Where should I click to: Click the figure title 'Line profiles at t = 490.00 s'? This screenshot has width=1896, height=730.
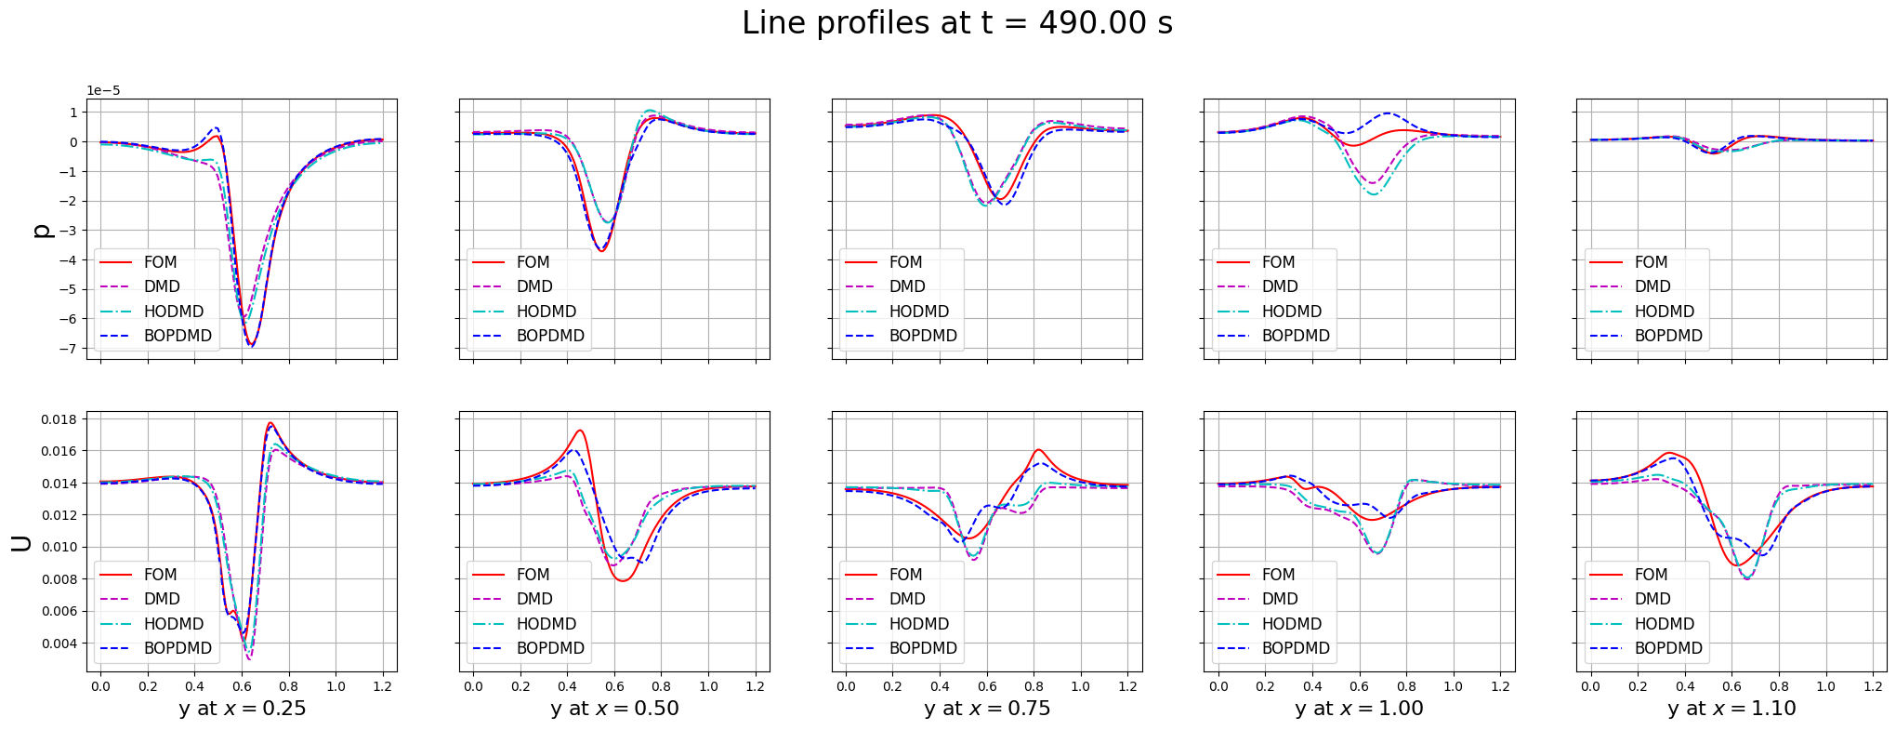tap(956, 23)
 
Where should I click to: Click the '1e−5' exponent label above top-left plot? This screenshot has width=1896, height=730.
tap(103, 91)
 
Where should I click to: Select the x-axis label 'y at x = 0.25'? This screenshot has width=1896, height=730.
tap(242, 709)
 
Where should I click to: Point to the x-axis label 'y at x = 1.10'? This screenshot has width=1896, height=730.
tap(1731, 709)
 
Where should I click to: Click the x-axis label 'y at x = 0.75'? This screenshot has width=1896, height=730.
tap(986, 709)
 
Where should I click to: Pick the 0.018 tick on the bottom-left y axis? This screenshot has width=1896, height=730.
tap(59, 419)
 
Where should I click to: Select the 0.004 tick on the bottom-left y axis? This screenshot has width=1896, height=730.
tap(59, 644)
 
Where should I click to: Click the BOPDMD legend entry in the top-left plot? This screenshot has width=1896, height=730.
tap(178, 336)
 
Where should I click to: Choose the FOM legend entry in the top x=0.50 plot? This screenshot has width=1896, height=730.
tap(533, 262)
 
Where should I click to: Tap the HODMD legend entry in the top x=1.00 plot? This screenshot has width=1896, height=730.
tap(1291, 312)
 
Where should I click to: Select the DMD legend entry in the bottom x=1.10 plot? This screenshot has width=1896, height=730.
tap(1652, 599)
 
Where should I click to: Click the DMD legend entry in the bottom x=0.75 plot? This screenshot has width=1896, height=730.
tap(906, 599)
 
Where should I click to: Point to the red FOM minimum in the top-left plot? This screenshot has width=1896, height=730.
tap(251, 346)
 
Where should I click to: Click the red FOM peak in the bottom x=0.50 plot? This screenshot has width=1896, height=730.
tap(580, 431)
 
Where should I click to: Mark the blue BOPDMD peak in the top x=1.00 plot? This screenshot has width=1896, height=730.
tap(1387, 113)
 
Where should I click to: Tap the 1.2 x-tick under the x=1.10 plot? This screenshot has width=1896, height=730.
tap(1872, 686)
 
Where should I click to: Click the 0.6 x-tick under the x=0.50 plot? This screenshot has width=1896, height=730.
tap(614, 686)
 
